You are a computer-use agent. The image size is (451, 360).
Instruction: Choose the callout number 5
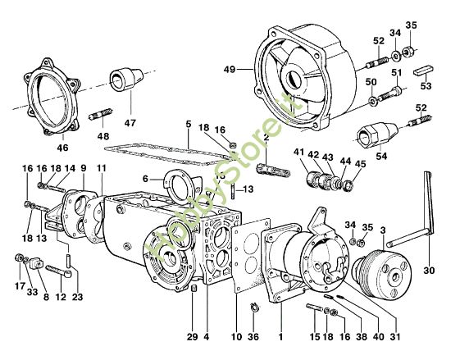coord(188,125)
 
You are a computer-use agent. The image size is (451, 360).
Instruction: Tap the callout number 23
coord(78,297)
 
